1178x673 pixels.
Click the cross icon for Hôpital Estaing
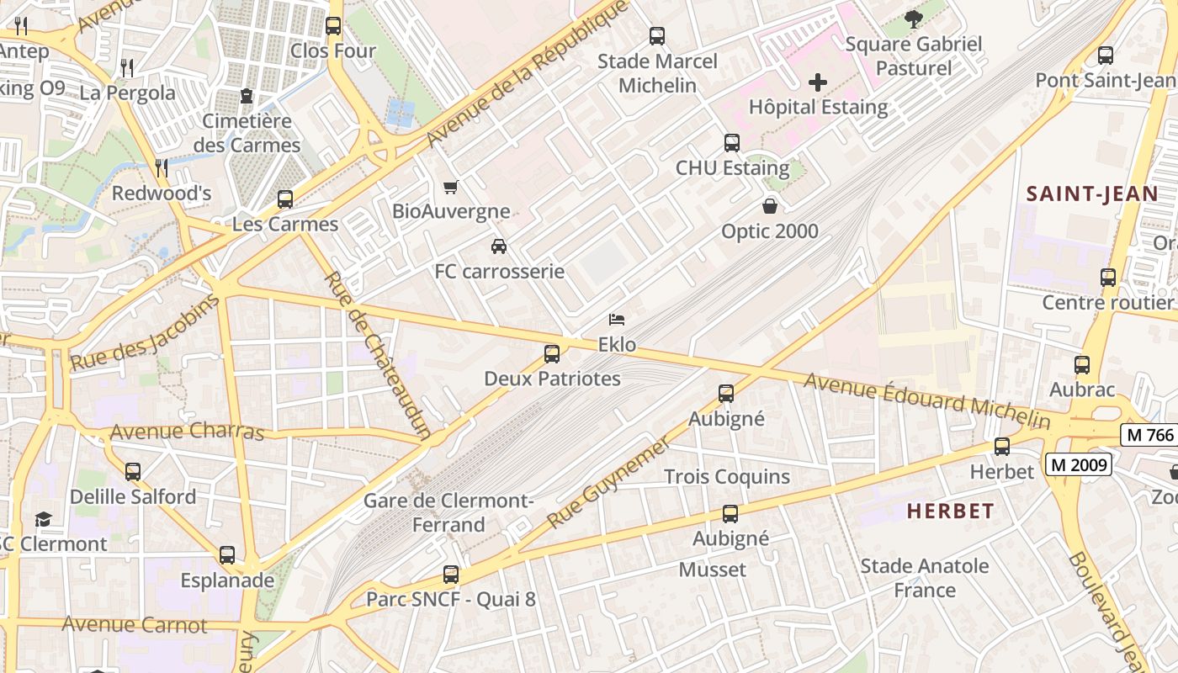pyautogui.click(x=817, y=82)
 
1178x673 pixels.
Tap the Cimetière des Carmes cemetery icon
pyautogui.click(x=246, y=96)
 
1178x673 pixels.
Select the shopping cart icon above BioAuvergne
pyautogui.click(x=451, y=187)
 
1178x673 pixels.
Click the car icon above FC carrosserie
pyautogui.click(x=499, y=246)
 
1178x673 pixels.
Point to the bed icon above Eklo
pyautogui.click(x=617, y=320)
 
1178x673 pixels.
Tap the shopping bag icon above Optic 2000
pyautogui.click(x=769, y=206)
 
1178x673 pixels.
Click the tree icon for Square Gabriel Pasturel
pyautogui.click(x=914, y=19)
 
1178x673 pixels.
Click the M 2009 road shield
pyautogui.click(x=1080, y=464)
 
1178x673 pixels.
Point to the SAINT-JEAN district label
pyautogui.click(x=1092, y=194)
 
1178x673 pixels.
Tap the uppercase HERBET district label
pyautogui.click(x=950, y=511)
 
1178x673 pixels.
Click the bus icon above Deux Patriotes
pyautogui.click(x=552, y=354)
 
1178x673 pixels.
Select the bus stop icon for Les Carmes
pyautogui.click(x=285, y=199)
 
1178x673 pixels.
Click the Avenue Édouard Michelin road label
pyautogui.click(x=926, y=401)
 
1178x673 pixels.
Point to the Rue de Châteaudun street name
pyautogui.click(x=379, y=355)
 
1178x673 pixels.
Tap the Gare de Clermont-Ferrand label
pyautogui.click(x=448, y=512)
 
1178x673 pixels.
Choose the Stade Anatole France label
pyautogui.click(x=924, y=578)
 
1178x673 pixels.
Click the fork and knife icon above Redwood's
pyautogui.click(x=162, y=168)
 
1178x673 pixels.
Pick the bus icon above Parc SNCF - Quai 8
pyautogui.click(x=451, y=575)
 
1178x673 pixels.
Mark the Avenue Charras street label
pyautogui.click(x=187, y=432)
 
